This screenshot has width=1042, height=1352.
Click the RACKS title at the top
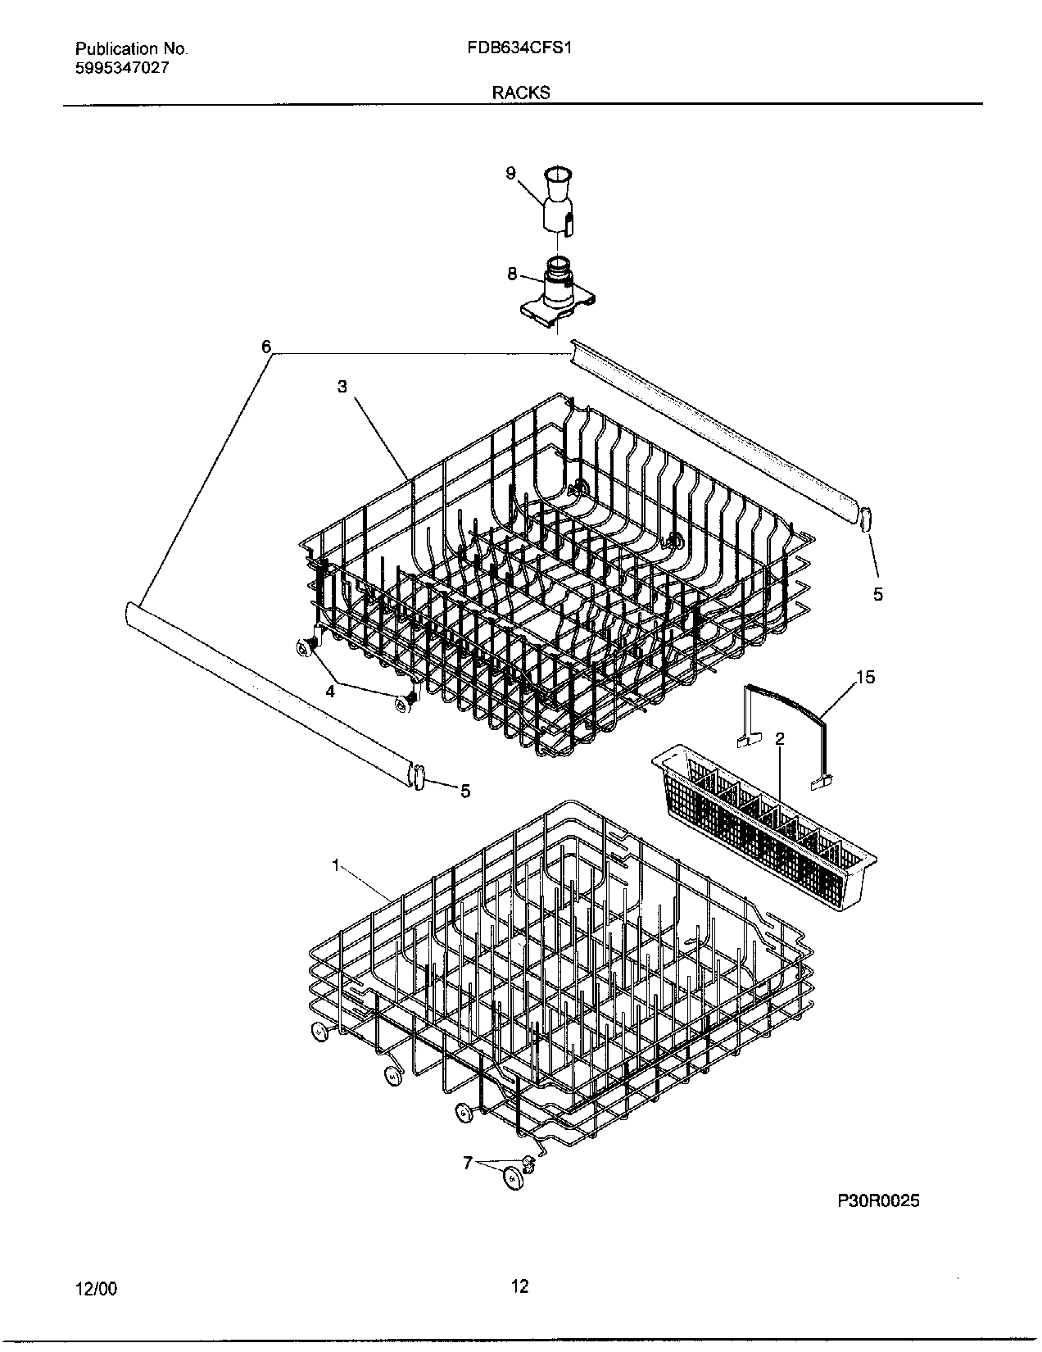[520, 93]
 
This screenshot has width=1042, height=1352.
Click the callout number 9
[510, 173]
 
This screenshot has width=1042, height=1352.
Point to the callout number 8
[512, 274]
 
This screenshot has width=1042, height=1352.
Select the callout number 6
[266, 347]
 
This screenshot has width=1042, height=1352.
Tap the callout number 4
[330, 691]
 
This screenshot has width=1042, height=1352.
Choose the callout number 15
[865, 677]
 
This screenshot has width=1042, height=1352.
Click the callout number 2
[780, 739]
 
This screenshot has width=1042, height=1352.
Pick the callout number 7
[468, 1162]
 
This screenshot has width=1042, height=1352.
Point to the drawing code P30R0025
[879, 1201]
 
